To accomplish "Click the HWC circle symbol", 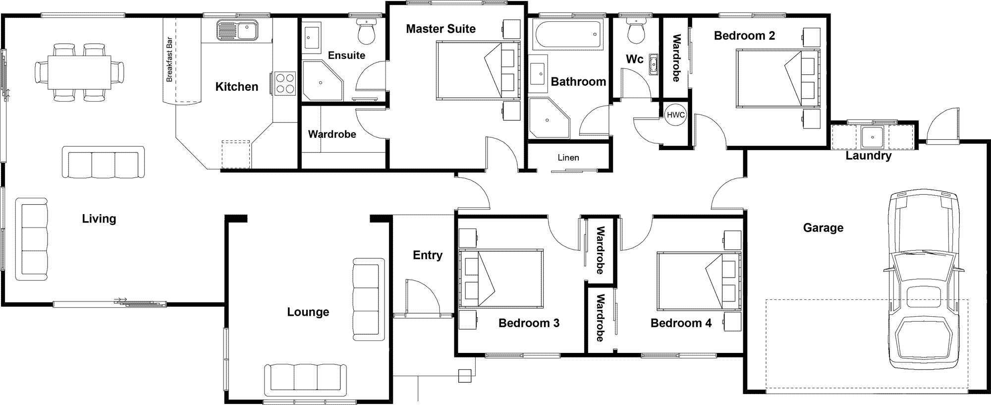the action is coord(675,115).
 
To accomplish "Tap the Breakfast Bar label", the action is coord(169,59).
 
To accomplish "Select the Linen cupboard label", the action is coord(568,158).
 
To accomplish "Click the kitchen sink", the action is coord(237,30).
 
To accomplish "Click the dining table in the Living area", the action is coord(79,72).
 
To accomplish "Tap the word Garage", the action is coord(823,228).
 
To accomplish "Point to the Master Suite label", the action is coord(440,29).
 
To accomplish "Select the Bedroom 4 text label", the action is coord(681,323).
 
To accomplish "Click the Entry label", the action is coord(428,255).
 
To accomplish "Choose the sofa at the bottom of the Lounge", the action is coord(308,380).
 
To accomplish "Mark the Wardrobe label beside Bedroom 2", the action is coord(676,58).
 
